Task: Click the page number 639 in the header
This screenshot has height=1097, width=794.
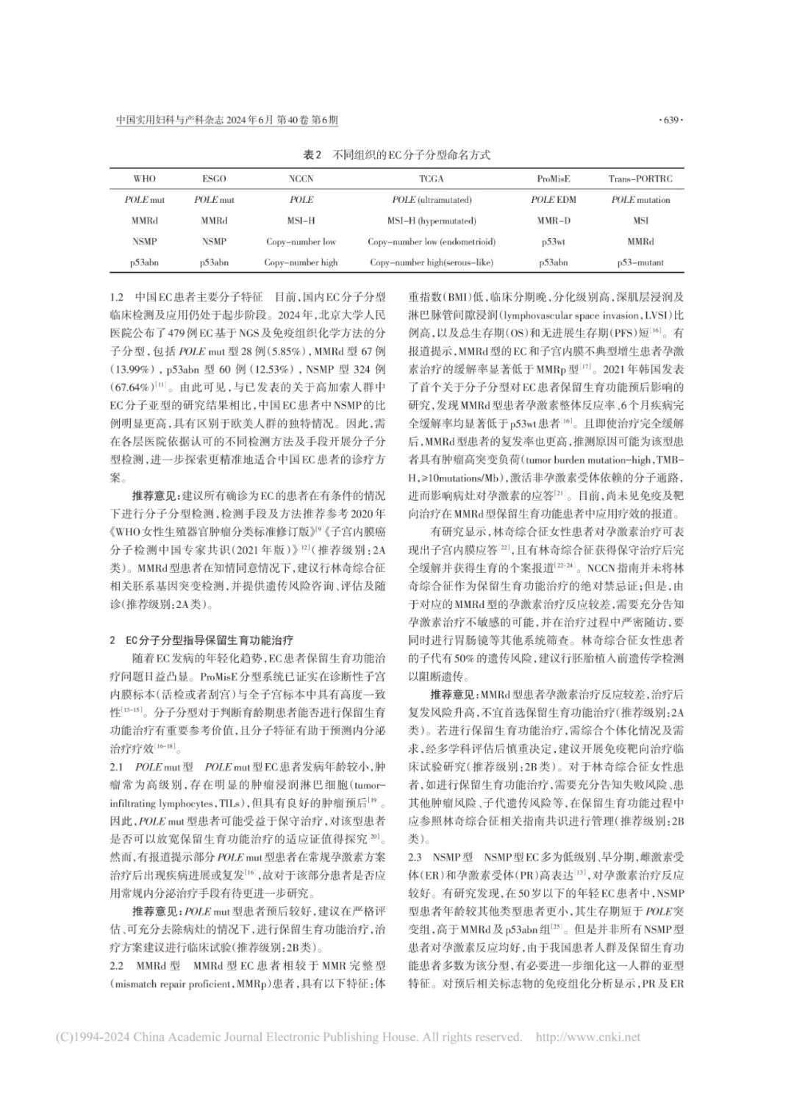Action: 673,120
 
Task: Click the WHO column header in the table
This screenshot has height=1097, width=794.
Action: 145,179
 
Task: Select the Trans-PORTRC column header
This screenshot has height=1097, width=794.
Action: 640,179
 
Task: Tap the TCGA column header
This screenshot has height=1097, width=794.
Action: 432,179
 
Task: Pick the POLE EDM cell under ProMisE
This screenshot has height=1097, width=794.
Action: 553,199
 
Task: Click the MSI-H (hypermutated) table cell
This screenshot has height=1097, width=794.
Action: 432,221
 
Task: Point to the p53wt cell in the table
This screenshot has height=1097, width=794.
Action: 553,241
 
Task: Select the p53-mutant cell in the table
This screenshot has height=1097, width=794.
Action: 640,262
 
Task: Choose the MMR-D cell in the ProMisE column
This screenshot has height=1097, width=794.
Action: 553,221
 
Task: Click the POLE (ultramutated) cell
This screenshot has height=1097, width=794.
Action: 432,199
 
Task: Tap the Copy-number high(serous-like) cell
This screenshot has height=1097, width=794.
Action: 432,262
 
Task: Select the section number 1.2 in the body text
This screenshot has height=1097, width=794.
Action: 117,299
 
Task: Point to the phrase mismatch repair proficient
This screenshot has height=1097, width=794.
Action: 179,983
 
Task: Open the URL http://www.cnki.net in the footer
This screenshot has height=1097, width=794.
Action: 588,1037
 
